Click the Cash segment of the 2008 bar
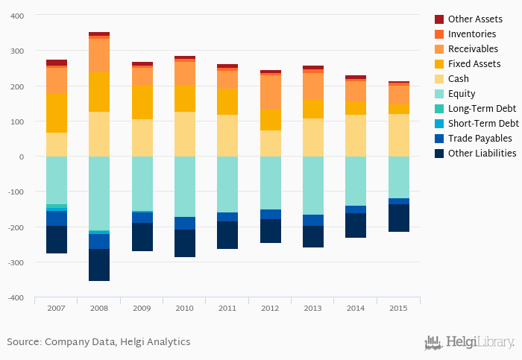click(x=99, y=134)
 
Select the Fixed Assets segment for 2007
click(x=57, y=113)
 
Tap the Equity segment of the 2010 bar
click(x=185, y=186)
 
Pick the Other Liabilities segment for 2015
click(x=398, y=218)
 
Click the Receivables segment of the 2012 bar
click(x=271, y=92)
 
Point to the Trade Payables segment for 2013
click(x=313, y=220)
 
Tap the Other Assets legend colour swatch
click(x=439, y=19)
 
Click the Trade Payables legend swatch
click(x=439, y=139)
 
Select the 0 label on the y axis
click(x=22, y=157)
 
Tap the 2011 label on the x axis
click(x=227, y=307)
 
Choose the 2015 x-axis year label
click(x=398, y=307)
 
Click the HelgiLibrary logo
click(x=469, y=342)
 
